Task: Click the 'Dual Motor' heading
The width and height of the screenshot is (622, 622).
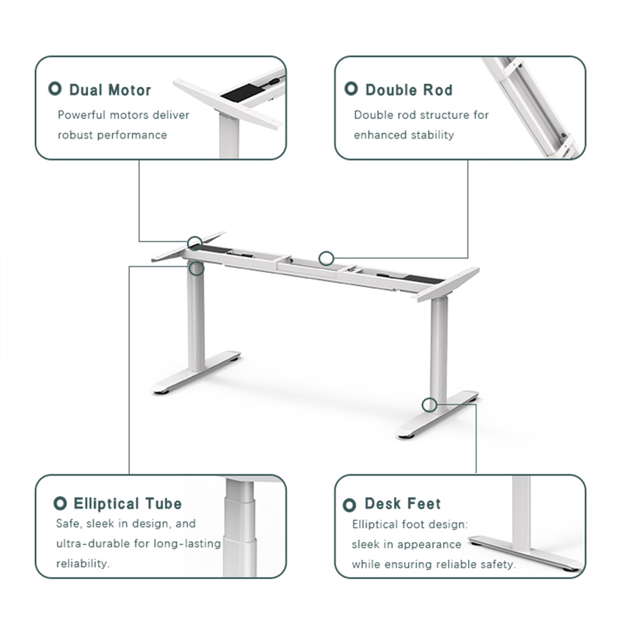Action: (x=110, y=90)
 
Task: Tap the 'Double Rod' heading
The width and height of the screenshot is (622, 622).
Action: (x=408, y=90)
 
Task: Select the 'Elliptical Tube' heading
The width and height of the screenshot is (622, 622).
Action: (x=128, y=504)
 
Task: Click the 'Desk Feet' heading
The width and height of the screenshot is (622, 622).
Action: (x=402, y=504)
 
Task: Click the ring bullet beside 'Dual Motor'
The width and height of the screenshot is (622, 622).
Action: (x=55, y=89)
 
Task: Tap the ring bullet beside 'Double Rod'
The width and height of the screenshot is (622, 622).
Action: (x=351, y=89)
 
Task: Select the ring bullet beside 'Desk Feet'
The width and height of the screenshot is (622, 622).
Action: (x=350, y=504)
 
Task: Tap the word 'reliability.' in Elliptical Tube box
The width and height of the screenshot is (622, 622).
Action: (x=83, y=563)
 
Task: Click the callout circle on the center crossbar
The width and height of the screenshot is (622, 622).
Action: (x=327, y=257)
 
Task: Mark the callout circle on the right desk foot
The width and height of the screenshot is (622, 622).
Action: (x=429, y=404)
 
